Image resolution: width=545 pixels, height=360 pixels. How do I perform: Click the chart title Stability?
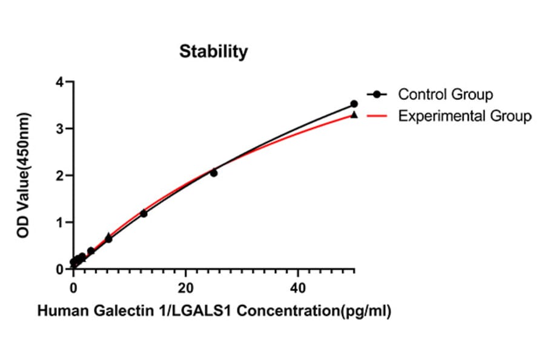pyautogui.click(x=213, y=52)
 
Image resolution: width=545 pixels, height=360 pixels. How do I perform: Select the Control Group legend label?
pyautogui.click(x=445, y=95)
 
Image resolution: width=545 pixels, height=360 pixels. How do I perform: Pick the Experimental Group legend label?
pyautogui.click(x=464, y=116)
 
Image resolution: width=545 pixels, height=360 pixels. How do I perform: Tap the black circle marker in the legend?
pyautogui.click(x=377, y=95)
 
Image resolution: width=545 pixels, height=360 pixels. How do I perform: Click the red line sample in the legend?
pyautogui.click(x=377, y=116)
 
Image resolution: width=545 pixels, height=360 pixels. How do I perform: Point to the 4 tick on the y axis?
pyautogui.click(x=59, y=82)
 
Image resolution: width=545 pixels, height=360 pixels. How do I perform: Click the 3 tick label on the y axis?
pyautogui.click(x=59, y=128)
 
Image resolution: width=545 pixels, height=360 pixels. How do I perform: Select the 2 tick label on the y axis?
pyautogui.click(x=59, y=176)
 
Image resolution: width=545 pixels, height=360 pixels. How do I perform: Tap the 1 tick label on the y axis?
pyautogui.click(x=59, y=222)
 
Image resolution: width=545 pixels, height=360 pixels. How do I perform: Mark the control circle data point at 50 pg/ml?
pyautogui.click(x=354, y=104)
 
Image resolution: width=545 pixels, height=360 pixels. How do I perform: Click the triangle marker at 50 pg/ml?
pyautogui.click(x=354, y=115)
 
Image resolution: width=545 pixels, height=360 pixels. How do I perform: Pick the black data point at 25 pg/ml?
pyautogui.click(x=214, y=173)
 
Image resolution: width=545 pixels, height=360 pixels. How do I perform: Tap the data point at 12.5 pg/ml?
pyautogui.click(x=144, y=213)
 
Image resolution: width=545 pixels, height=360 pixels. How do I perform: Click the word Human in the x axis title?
pyautogui.click(x=59, y=312)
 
